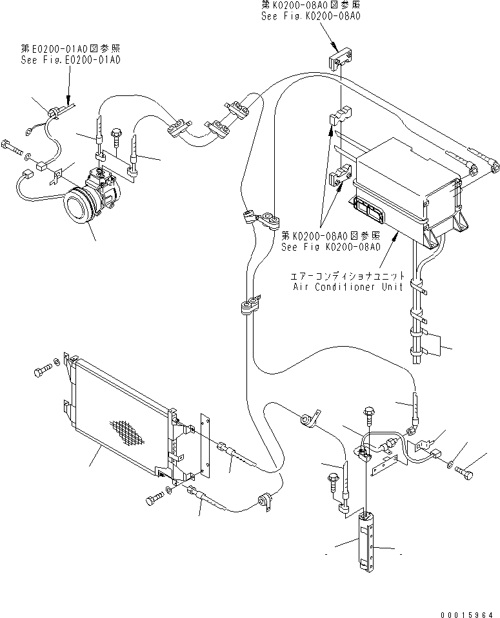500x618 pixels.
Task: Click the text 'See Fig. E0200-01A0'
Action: click(x=70, y=59)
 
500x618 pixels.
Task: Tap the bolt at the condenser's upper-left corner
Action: click(x=44, y=371)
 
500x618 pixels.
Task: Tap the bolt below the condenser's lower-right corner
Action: click(x=154, y=499)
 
